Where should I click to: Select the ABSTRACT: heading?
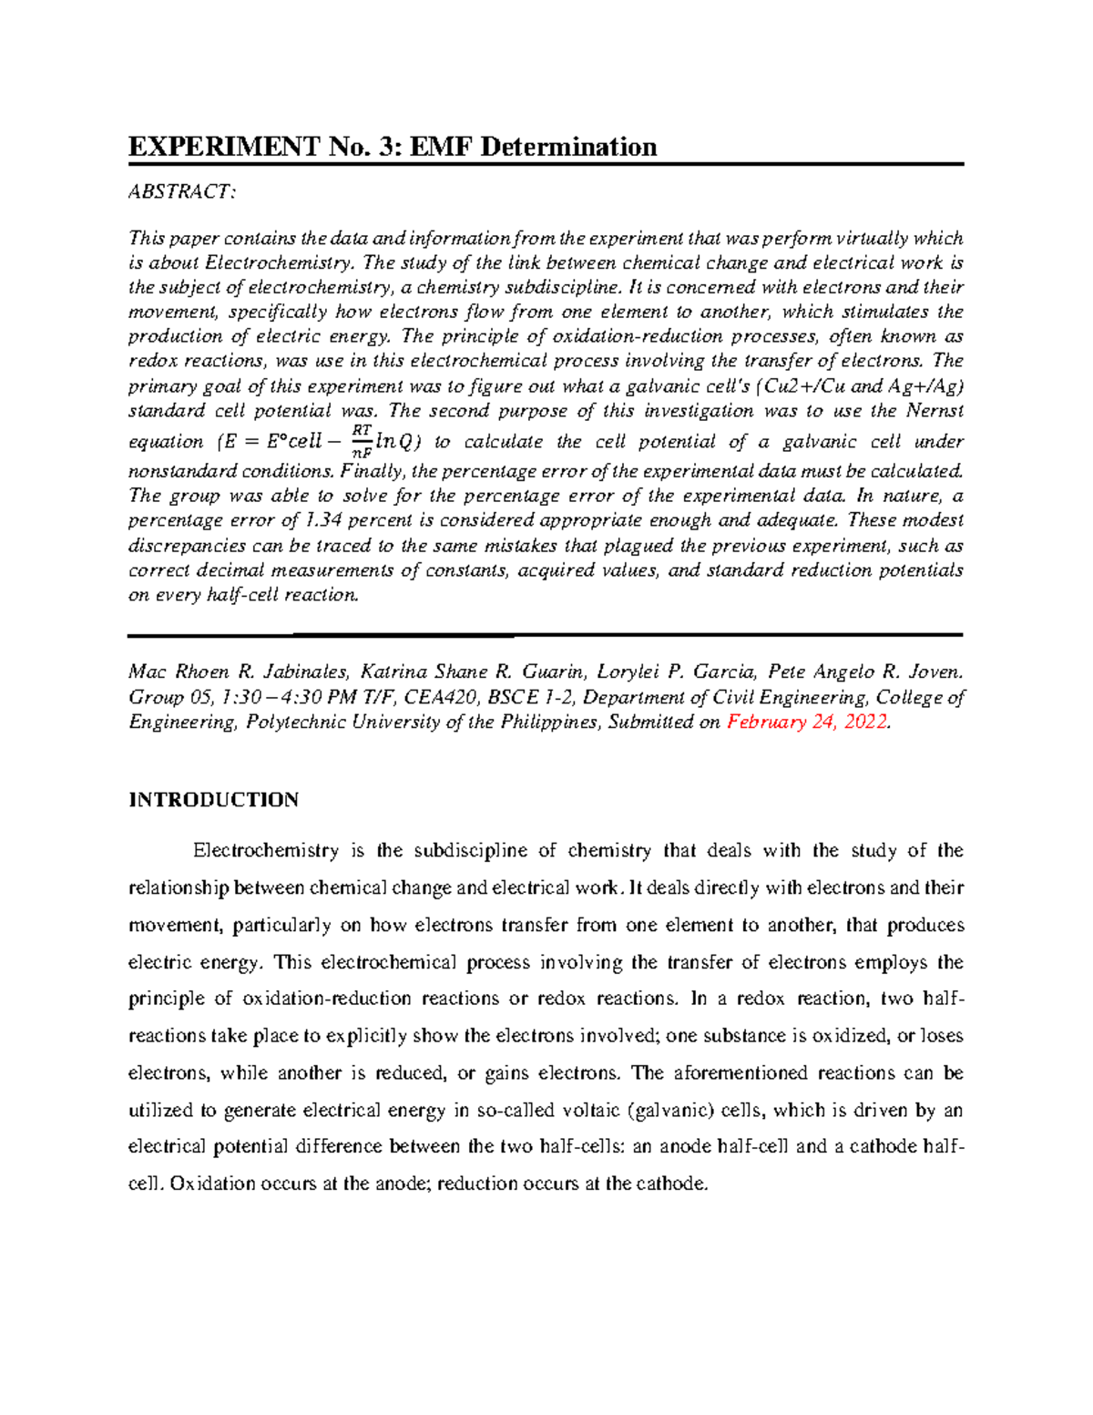point(182,191)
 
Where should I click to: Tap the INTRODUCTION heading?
point(213,800)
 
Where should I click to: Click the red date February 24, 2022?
point(806,723)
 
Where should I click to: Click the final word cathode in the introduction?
point(670,1184)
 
